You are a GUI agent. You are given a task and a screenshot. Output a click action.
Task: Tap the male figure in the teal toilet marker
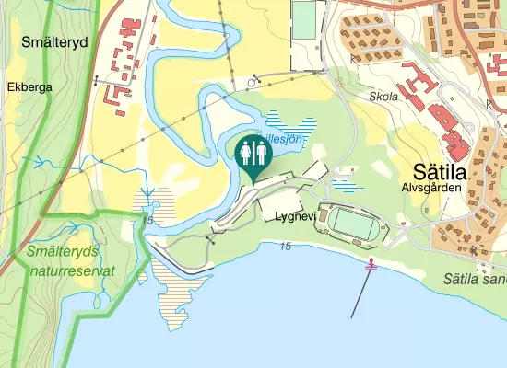coord(259,152)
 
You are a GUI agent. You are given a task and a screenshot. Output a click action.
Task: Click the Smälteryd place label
coord(51,41)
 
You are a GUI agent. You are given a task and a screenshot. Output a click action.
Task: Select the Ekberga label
coord(29,87)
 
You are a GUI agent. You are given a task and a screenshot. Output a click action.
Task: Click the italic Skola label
coord(382,96)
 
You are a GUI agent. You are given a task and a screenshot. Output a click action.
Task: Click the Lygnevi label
coord(294,217)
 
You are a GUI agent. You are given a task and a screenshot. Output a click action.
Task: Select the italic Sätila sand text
coord(474,278)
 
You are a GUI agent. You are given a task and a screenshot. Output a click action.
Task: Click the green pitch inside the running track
coord(354,222)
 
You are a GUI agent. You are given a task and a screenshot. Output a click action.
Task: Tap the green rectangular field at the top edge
coord(303,19)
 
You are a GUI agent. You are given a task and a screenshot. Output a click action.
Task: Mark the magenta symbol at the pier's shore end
coord(371,267)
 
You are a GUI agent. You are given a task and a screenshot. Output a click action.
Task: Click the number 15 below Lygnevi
coord(285,246)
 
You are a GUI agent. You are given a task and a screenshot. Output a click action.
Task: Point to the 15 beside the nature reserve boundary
coord(147,221)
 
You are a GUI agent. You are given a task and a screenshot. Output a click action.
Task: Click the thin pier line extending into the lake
coord(360,294)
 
